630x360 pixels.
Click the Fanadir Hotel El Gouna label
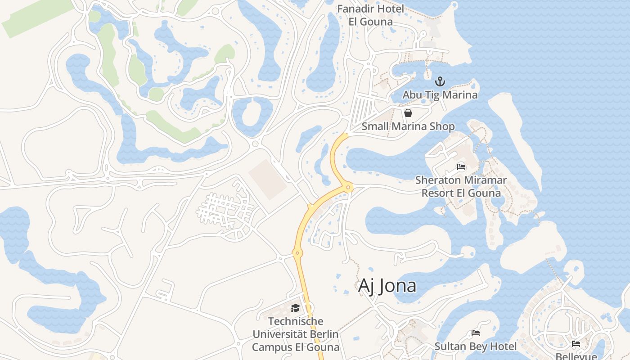(371, 15)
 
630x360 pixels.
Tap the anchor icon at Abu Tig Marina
(440, 81)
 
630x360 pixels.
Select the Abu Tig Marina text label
(440, 95)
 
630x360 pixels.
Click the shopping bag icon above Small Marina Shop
(408, 113)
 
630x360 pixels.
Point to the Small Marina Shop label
(408, 126)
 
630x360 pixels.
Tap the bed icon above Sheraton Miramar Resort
(461, 167)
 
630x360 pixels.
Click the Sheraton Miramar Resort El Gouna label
(461, 187)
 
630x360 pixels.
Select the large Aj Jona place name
(387, 286)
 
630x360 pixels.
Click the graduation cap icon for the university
(295, 308)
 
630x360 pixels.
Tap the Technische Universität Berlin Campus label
(296, 334)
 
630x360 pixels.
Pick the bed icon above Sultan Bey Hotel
(476, 333)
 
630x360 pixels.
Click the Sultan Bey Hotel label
(476, 346)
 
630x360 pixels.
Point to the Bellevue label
(576, 356)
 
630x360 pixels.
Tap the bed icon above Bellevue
(576, 344)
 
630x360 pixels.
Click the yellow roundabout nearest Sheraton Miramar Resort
(348, 187)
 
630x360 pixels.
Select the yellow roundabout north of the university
(297, 253)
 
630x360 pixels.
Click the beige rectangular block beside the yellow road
(268, 179)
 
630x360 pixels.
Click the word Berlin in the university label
(322, 334)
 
